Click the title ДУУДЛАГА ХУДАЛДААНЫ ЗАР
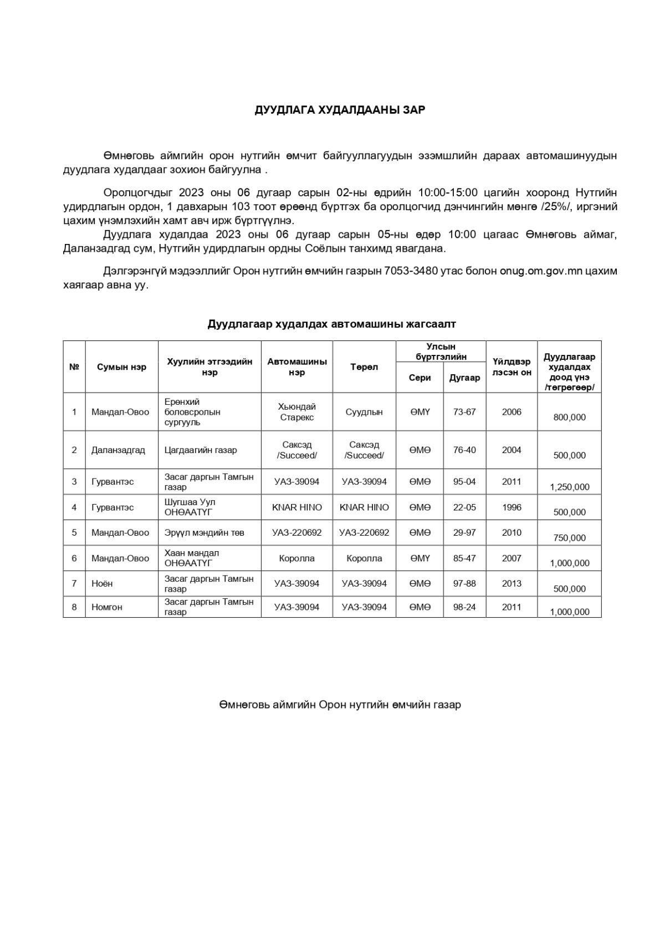(x=340, y=110)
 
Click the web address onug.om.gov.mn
(x=541, y=271)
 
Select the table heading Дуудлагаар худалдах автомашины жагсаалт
(x=331, y=324)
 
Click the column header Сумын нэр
(x=121, y=367)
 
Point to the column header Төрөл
(x=364, y=367)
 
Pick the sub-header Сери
(x=420, y=378)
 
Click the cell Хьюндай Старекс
(x=296, y=412)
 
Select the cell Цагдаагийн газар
(x=201, y=450)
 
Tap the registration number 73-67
(x=464, y=412)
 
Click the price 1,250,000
(x=569, y=487)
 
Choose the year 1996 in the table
(x=511, y=507)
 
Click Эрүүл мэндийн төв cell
(x=204, y=533)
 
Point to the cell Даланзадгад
(x=118, y=450)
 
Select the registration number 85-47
(x=464, y=558)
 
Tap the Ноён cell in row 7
(x=102, y=583)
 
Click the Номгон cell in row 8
(x=107, y=607)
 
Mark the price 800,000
(x=569, y=418)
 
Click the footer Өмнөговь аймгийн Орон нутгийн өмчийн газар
(x=340, y=705)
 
